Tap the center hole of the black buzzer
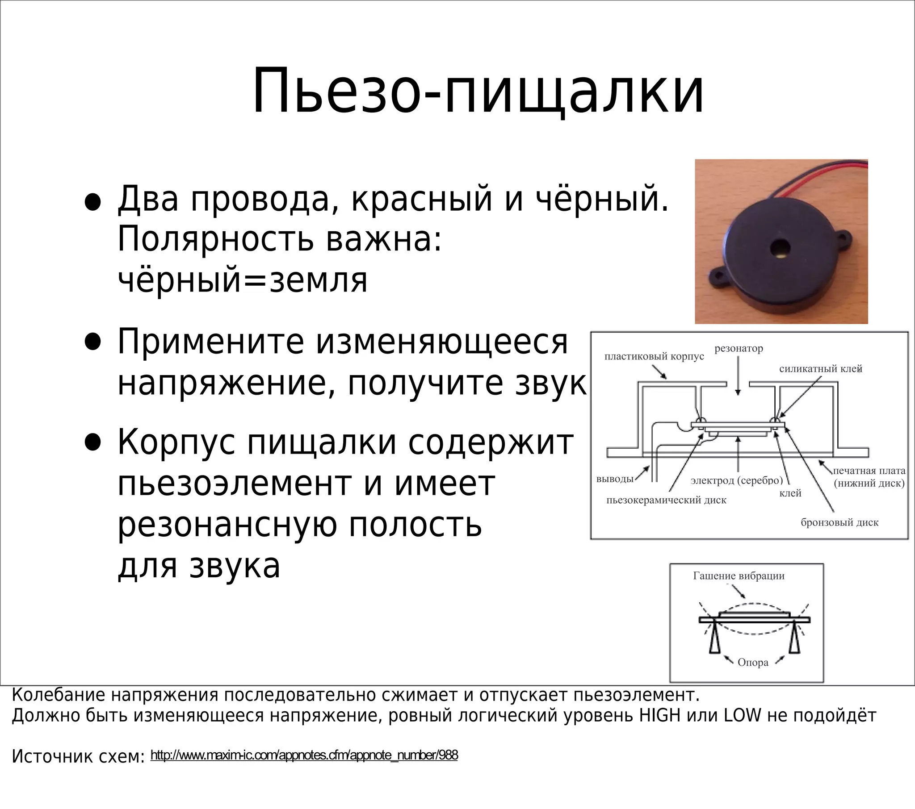click(x=780, y=248)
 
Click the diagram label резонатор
click(x=739, y=349)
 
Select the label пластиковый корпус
click(x=654, y=357)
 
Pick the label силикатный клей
click(x=821, y=369)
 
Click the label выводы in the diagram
click(x=615, y=479)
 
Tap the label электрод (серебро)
click(x=737, y=480)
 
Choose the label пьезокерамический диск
click(x=666, y=500)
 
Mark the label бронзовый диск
click(x=839, y=523)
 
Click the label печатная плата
click(x=869, y=471)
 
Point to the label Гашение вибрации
click(x=739, y=576)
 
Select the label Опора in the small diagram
click(x=753, y=663)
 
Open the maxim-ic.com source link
click(x=304, y=755)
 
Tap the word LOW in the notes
click(x=743, y=716)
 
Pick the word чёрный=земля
click(x=242, y=280)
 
